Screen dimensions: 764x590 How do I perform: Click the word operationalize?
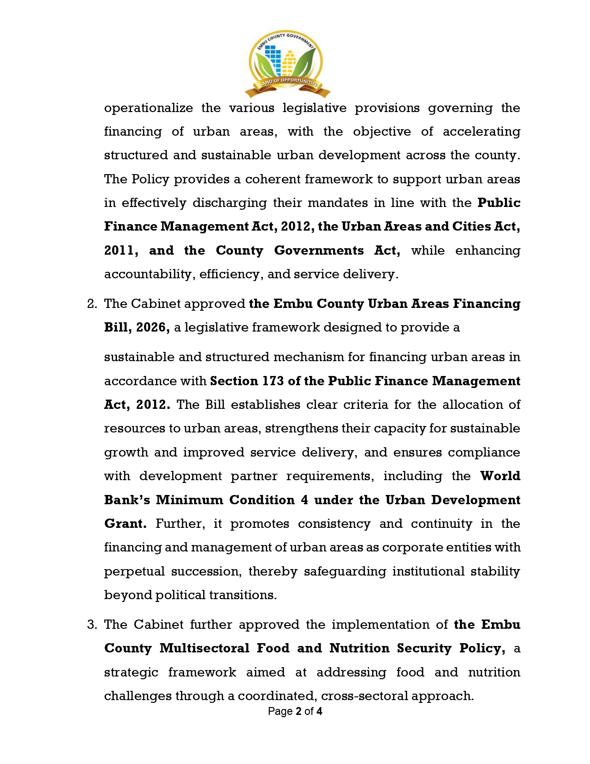tap(148, 108)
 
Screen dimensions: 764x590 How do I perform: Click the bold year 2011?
tap(120, 250)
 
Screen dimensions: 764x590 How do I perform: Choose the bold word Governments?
tap(319, 250)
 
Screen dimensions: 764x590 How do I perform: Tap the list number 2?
tap(92, 304)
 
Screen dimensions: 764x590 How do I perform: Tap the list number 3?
tap(92, 625)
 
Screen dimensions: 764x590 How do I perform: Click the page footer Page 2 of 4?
tap(295, 711)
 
